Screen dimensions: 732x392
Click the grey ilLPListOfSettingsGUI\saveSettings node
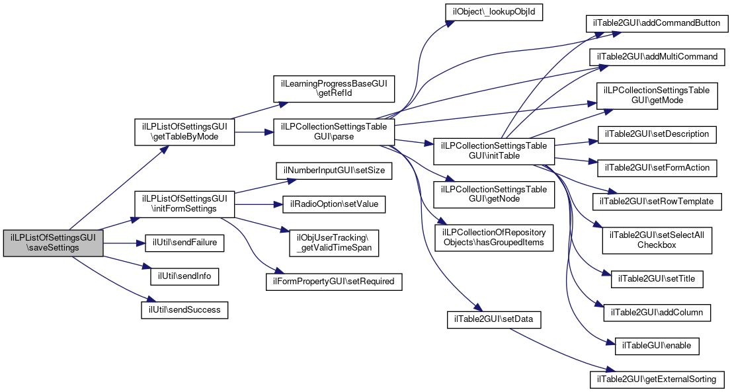click(x=53, y=243)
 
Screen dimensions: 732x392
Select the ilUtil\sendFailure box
click(x=184, y=243)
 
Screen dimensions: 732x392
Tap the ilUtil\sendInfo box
click(x=184, y=276)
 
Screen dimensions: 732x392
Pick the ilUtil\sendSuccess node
click(x=184, y=310)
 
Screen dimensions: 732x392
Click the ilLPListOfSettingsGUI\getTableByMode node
click(x=184, y=132)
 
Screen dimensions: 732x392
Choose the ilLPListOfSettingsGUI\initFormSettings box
click(x=184, y=204)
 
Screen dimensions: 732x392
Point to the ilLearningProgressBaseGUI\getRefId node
click(x=334, y=89)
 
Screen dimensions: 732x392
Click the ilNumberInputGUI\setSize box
click(x=334, y=171)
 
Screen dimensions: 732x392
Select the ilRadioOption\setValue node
click(x=334, y=204)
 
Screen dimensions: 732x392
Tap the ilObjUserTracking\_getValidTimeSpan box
click(x=334, y=243)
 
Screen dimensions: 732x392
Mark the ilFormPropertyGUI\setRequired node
click(x=334, y=282)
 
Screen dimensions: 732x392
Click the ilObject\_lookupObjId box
click(x=494, y=12)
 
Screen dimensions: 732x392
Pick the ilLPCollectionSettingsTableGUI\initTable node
click(x=494, y=151)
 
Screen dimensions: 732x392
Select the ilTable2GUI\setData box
click(x=494, y=320)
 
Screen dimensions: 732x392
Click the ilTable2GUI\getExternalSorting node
click(x=657, y=379)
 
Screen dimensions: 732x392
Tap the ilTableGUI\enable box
click(x=657, y=346)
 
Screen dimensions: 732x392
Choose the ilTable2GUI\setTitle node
click(x=657, y=279)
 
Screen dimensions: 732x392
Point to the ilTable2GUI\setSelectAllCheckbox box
click(x=657, y=241)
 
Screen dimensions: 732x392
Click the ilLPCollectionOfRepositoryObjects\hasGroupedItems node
click(x=494, y=238)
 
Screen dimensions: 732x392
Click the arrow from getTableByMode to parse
click(x=254, y=132)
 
